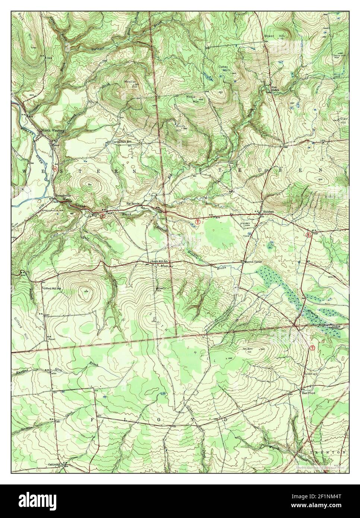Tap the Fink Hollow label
pos(275,89)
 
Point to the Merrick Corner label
pos(253,262)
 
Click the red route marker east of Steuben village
pos(308,235)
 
